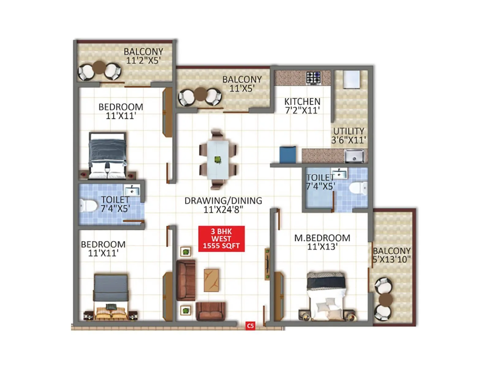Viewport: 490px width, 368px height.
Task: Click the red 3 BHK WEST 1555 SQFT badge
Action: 221,239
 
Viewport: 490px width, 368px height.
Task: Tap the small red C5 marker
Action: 250,326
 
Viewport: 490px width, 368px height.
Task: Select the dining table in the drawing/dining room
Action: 218,160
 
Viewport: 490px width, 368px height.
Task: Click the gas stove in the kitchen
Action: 314,78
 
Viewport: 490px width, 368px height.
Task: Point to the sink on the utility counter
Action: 354,156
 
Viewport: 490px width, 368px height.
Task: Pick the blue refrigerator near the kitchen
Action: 288,155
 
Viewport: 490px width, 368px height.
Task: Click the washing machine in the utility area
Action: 351,79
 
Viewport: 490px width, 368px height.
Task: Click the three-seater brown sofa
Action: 186,280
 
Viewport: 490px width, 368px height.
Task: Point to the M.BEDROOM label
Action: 322,238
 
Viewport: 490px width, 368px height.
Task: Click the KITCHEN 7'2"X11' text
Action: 302,106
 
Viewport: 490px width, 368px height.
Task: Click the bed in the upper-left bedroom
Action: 107,155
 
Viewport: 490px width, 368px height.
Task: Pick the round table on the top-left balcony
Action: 99,67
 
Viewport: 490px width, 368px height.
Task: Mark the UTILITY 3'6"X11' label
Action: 349,136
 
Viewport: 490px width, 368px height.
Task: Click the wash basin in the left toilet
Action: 132,190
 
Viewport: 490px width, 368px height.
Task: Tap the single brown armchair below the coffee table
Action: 210,311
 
